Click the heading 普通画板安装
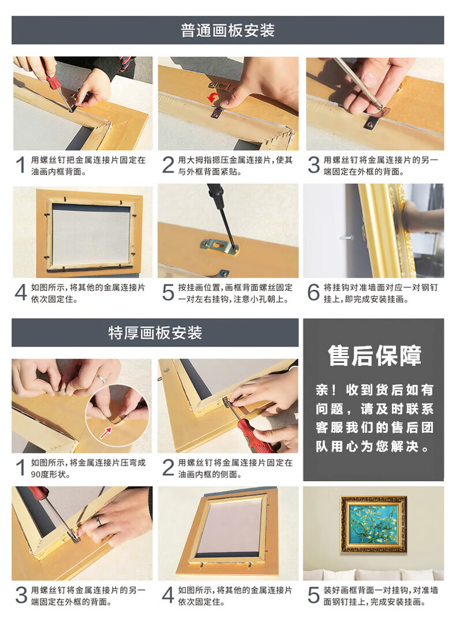pyautogui.click(x=227, y=30)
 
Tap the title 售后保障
pyautogui.click(x=375, y=355)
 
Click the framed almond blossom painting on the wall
pyautogui.click(x=373, y=524)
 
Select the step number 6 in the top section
pyautogui.click(x=313, y=292)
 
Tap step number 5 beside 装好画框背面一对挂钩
pyautogui.click(x=313, y=595)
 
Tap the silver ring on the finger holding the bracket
pyautogui.click(x=100, y=379)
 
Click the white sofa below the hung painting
pyautogui.click(x=373, y=574)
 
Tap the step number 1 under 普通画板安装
pyautogui.click(x=20, y=165)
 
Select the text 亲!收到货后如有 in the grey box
pyautogui.click(x=374, y=390)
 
